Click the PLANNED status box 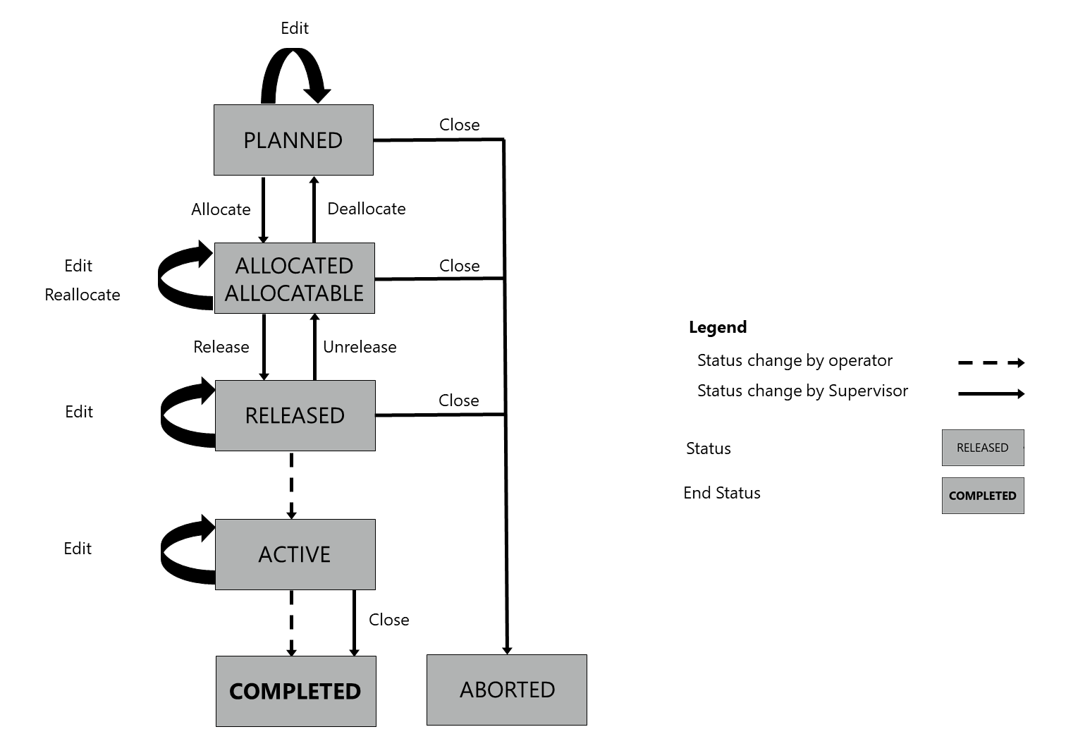(293, 140)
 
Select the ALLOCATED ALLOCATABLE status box (294, 279)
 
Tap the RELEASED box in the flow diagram (295, 415)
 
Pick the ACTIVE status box (295, 554)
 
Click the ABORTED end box (507, 690)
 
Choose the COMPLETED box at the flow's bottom (295, 691)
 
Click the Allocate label (221, 209)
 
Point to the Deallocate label (367, 209)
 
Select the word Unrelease (360, 347)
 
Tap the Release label (221, 347)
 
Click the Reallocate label (82, 295)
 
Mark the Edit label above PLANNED (295, 28)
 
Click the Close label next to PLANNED (460, 125)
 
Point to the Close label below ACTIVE (389, 620)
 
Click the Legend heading (718, 327)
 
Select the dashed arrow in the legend (991, 363)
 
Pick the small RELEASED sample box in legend (983, 448)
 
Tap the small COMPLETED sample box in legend (983, 496)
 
